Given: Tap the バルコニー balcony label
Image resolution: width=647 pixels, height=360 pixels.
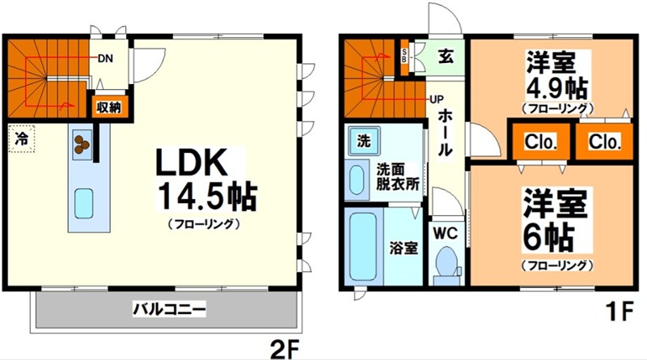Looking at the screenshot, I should pyautogui.click(x=170, y=308).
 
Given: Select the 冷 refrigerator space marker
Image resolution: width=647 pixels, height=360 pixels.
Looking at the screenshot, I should pyautogui.click(x=22, y=138).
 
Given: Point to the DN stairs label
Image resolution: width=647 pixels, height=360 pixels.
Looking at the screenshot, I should pyautogui.click(x=105, y=58).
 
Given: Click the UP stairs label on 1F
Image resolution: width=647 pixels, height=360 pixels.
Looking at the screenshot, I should pyautogui.click(x=437, y=99).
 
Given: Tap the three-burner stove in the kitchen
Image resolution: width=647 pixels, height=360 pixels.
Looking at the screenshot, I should pyautogui.click(x=82, y=142).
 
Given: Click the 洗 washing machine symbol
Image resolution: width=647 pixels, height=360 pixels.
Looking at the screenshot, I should pyautogui.click(x=364, y=140).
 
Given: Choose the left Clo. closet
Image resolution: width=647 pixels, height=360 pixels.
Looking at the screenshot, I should pyautogui.click(x=540, y=142).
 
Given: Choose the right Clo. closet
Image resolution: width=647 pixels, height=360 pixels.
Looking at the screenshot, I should pyautogui.click(x=605, y=142).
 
